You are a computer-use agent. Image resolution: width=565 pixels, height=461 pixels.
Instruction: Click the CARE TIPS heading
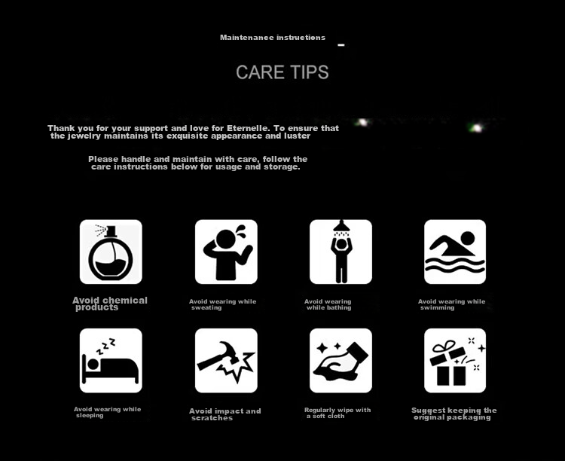click(x=282, y=72)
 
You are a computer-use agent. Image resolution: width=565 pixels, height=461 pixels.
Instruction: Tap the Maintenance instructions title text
click(x=273, y=38)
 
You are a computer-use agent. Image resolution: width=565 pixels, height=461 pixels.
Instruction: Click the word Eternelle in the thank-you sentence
click(x=248, y=128)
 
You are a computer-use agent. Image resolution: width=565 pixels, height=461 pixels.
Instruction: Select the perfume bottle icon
click(x=111, y=252)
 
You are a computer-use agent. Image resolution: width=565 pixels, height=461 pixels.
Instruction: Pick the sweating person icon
click(x=226, y=252)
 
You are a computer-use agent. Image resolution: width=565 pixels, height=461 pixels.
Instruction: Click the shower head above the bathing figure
click(x=341, y=227)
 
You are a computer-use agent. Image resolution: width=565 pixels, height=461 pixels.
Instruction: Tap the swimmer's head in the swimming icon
click(x=468, y=239)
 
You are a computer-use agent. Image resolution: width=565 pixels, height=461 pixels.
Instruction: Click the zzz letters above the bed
click(x=105, y=346)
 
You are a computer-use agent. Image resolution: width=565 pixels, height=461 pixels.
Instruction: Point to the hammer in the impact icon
click(x=217, y=356)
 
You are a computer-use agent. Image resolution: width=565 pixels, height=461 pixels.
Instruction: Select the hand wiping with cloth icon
click(x=341, y=362)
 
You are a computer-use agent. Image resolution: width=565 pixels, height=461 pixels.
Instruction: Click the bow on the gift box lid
click(x=444, y=347)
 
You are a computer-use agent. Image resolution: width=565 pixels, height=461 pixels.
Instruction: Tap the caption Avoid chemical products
click(x=110, y=304)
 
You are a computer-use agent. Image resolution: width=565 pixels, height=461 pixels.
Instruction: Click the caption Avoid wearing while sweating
click(x=223, y=304)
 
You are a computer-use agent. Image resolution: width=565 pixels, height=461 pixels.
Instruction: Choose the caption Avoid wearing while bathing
click(x=328, y=304)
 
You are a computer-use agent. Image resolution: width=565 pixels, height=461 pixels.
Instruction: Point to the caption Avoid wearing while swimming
click(x=451, y=304)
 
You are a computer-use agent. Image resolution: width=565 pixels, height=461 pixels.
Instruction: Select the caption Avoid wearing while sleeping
click(x=108, y=412)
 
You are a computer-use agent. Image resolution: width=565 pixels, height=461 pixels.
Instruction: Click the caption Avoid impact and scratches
click(x=224, y=414)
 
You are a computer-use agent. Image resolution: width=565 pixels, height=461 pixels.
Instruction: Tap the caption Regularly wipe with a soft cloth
click(x=337, y=413)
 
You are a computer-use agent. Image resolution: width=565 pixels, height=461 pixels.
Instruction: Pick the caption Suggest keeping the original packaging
click(x=454, y=414)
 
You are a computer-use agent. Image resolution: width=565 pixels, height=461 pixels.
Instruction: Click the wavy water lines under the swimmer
click(x=455, y=265)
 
